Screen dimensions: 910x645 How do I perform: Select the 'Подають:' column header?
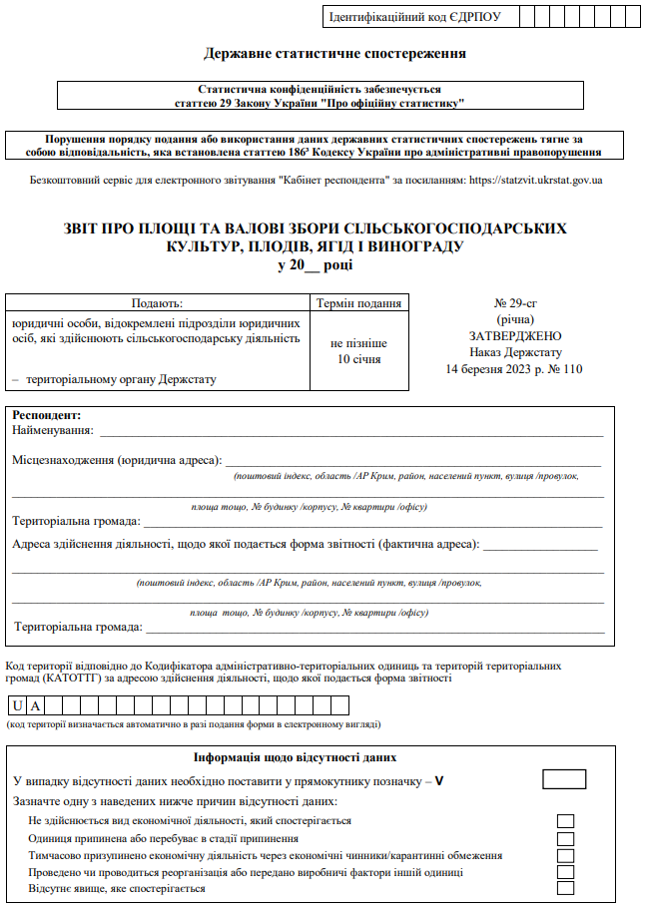(x=158, y=304)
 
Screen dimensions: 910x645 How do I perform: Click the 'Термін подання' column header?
(x=358, y=304)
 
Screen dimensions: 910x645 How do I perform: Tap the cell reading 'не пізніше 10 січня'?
(x=358, y=351)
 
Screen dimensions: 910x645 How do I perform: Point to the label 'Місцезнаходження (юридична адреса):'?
(x=116, y=461)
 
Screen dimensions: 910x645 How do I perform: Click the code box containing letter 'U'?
(x=18, y=705)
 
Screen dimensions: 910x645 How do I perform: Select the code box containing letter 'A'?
(x=35, y=705)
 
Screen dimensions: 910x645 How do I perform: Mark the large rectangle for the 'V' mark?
(x=563, y=779)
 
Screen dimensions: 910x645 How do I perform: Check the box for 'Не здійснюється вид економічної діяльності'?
(x=565, y=821)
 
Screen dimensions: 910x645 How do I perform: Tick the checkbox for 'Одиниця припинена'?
(x=565, y=839)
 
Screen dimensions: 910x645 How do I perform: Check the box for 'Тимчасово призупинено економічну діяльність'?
(x=565, y=856)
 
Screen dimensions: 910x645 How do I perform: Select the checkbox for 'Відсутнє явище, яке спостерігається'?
(x=565, y=889)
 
